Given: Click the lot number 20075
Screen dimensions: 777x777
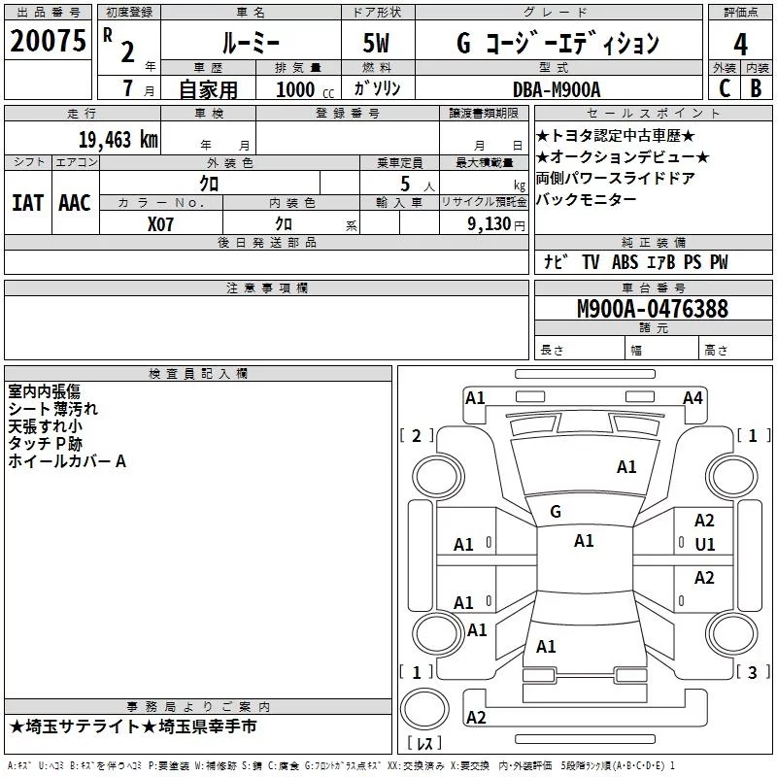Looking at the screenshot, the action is [48, 41].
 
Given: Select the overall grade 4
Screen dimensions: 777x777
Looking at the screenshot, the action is [740, 44].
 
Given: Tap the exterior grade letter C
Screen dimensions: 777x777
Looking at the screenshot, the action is [725, 88].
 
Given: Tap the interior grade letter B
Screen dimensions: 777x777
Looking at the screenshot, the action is [756, 88].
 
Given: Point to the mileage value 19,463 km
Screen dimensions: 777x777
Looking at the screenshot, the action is [118, 140].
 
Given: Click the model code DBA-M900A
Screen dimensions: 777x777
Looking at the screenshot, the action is [557, 89].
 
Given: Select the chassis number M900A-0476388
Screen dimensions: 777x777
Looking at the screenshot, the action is [653, 309].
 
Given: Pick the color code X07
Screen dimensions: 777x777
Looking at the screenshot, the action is [160, 224].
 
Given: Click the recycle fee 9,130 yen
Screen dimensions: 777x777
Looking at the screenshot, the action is [496, 224].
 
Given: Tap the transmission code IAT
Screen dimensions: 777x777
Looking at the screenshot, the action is [27, 203].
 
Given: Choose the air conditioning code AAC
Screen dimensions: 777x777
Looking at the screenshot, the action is [75, 203].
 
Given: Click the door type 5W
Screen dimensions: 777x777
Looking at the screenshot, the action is [376, 43].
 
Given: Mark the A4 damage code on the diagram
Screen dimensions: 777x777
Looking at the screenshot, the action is [693, 398].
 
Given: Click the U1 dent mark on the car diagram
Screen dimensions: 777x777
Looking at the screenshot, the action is [705, 545].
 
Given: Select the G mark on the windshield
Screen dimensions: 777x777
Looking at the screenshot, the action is [556, 511].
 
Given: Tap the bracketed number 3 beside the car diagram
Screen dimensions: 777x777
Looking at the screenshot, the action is [752, 672].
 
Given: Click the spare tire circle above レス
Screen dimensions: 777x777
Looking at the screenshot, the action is [424, 708].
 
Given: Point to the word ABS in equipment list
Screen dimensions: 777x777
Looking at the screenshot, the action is [625, 262].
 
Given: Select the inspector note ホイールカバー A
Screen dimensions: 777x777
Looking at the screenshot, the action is [67, 461].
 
